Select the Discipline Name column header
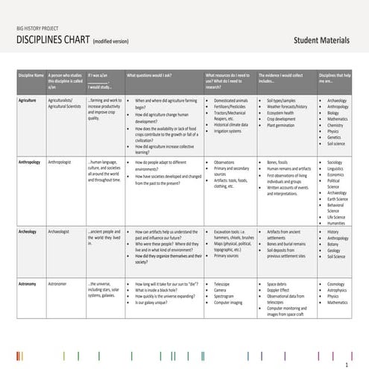tap(31, 75)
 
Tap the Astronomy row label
tap(28, 284)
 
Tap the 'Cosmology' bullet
tap(337, 284)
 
